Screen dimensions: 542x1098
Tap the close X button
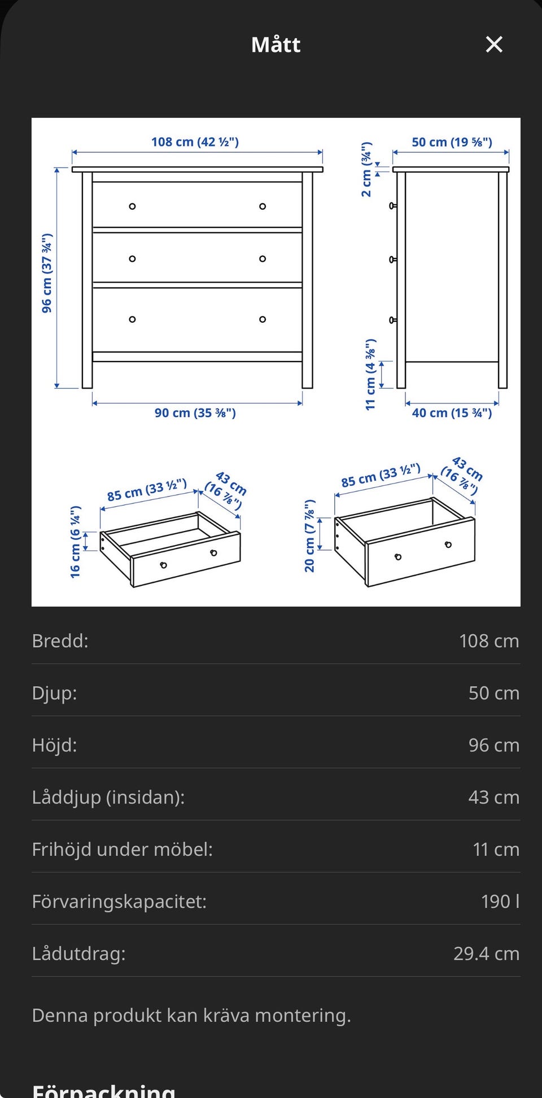click(x=494, y=44)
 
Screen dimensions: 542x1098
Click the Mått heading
click(x=276, y=45)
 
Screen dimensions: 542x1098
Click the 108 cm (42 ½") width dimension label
click(x=195, y=142)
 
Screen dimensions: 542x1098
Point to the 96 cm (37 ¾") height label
click(x=47, y=273)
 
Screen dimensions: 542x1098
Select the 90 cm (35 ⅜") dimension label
click(x=195, y=413)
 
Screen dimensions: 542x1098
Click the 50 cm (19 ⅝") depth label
click(x=452, y=142)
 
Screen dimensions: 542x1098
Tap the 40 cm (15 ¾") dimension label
click(x=452, y=413)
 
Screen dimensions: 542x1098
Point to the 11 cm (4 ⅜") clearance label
click(x=370, y=374)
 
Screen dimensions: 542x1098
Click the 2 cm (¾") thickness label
click(x=366, y=169)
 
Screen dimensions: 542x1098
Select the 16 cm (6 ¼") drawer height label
click(x=76, y=542)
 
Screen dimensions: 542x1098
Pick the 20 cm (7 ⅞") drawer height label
click(x=309, y=535)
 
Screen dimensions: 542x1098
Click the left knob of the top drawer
click(x=132, y=207)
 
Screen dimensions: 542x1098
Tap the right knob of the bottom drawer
click(x=263, y=319)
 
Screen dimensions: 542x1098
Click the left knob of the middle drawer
click(x=132, y=259)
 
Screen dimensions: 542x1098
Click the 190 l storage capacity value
click(x=500, y=901)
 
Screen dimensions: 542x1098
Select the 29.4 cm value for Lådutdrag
click(x=486, y=954)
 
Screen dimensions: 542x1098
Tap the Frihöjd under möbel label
click(x=123, y=849)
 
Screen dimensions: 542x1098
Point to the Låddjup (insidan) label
click(x=108, y=797)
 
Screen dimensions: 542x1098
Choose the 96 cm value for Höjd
click(x=494, y=745)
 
